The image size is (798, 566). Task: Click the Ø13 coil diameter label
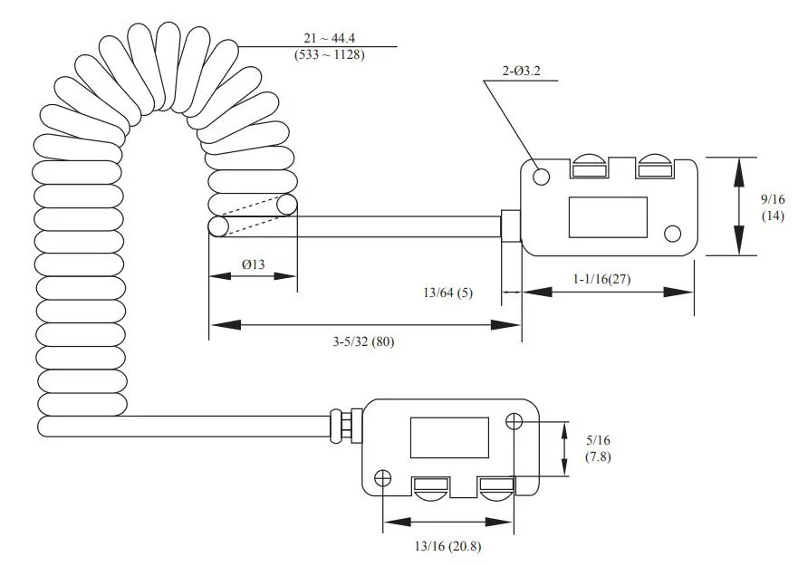[253, 264]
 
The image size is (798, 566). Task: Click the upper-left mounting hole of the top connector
[542, 177]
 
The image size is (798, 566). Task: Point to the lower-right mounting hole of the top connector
[672, 235]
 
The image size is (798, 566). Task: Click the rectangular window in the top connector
[608, 217]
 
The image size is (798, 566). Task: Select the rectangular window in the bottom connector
[449, 436]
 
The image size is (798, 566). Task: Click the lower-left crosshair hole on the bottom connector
[383, 477]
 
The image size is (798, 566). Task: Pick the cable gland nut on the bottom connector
[345, 423]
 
